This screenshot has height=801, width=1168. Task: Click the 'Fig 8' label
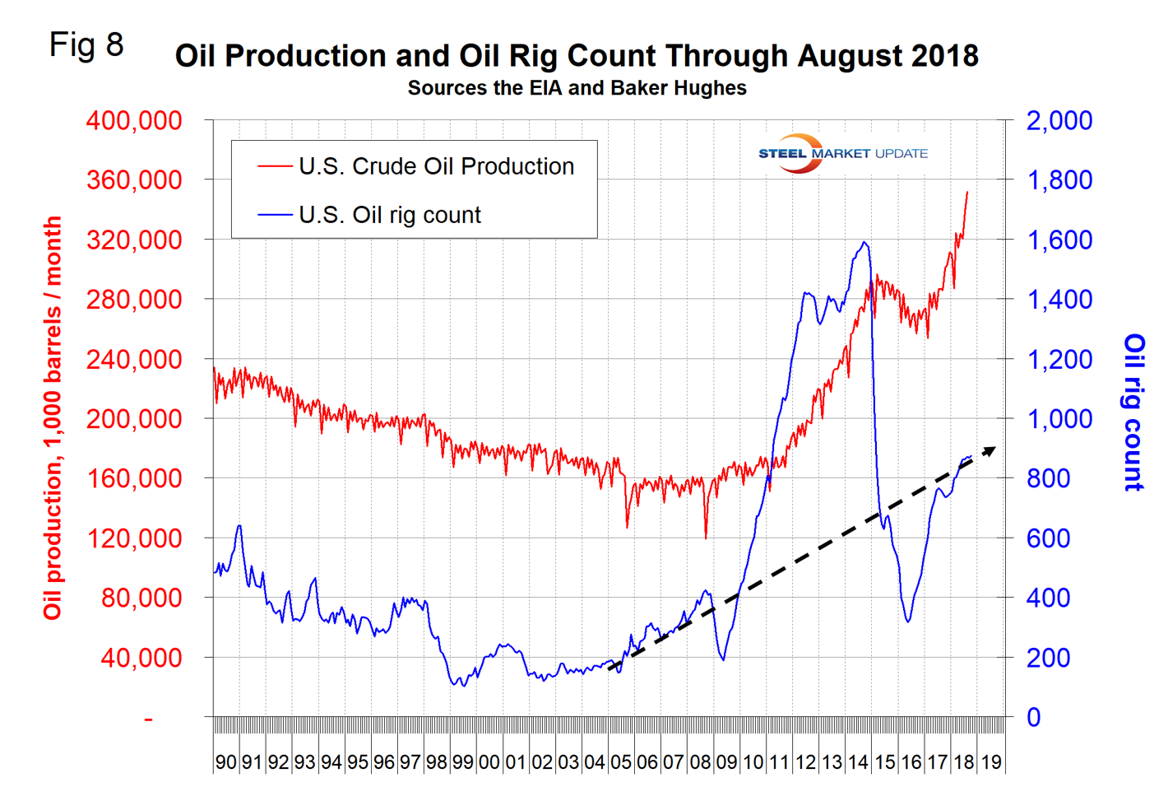pyautogui.click(x=86, y=44)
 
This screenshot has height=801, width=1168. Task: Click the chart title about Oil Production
pyautogui.click(x=577, y=56)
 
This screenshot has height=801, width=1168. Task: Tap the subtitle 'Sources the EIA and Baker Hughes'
pyautogui.click(x=577, y=88)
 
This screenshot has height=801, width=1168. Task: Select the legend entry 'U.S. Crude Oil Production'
pyautogui.click(x=436, y=166)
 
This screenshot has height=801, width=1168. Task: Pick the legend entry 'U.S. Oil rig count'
pyautogui.click(x=389, y=215)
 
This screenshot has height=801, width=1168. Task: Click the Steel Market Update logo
pyautogui.click(x=842, y=153)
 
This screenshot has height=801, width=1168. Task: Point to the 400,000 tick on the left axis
pyautogui.click(x=134, y=120)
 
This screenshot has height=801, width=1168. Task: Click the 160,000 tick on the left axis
pyautogui.click(x=134, y=478)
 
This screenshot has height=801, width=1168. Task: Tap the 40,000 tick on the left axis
pyautogui.click(x=141, y=658)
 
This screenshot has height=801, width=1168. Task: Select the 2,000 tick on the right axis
pyautogui.click(x=1059, y=120)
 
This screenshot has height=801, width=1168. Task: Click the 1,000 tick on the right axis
pyautogui.click(x=1059, y=418)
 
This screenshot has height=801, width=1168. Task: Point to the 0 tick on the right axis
pyautogui.click(x=1034, y=717)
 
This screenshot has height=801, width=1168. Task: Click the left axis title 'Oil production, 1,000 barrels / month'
pyautogui.click(x=53, y=418)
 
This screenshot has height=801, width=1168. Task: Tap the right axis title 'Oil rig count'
pyautogui.click(x=1134, y=412)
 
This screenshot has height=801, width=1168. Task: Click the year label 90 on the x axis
pyautogui.click(x=225, y=761)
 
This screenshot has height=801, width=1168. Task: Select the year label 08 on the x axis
pyautogui.click(x=700, y=761)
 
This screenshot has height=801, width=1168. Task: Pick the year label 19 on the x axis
pyautogui.click(x=991, y=761)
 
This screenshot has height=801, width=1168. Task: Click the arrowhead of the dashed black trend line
pyautogui.click(x=991, y=449)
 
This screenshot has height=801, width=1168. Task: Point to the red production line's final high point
pyautogui.click(x=967, y=192)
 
